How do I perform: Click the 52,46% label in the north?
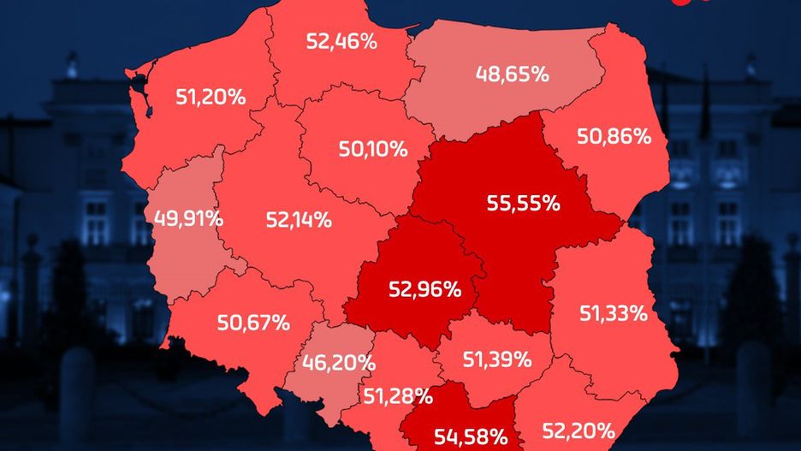coord(341,41)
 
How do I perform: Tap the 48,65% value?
coord(512,74)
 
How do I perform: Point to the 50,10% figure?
coord(372,149)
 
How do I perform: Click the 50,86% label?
coord(614,135)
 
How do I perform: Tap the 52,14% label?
coord(298,219)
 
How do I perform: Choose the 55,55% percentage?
coord(523,203)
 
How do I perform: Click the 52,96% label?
coord(424,289)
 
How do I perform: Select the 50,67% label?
coord(253,323)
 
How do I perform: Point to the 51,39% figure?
coord(496,359)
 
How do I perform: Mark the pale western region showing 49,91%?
coord(184,257)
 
